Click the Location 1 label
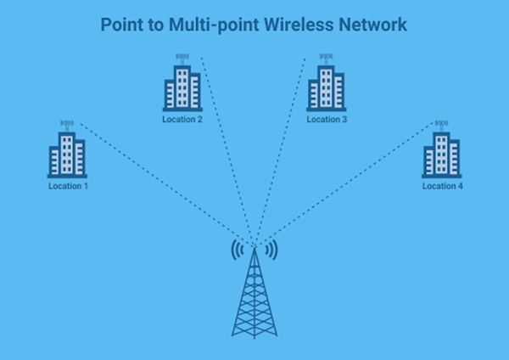point(67,185)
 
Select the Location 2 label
point(182,120)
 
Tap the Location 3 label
point(327,120)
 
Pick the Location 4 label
point(442,185)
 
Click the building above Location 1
point(67,155)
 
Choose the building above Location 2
point(182,87)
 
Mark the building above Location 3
point(326,87)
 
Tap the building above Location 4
point(442,155)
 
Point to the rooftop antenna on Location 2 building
point(182,59)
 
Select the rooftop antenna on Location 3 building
point(326,59)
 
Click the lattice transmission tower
point(254,297)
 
